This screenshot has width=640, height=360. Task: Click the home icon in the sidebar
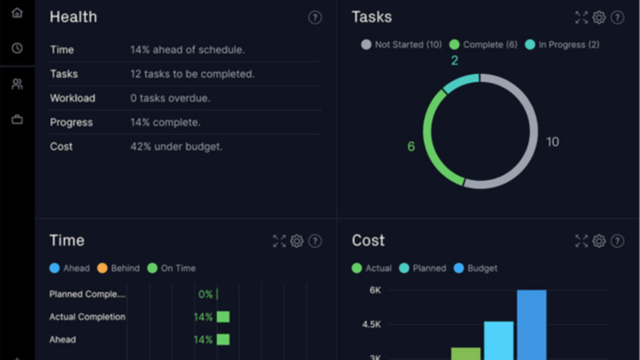tap(17, 13)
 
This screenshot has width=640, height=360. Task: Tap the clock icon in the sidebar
tap(17, 48)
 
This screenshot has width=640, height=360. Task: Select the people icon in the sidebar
tap(17, 84)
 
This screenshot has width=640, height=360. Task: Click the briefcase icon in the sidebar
tap(17, 120)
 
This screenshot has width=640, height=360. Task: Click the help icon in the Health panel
tap(315, 17)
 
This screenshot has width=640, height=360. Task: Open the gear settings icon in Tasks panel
tap(599, 17)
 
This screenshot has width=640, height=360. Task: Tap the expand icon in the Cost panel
tap(581, 241)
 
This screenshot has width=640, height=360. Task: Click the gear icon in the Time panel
tap(297, 241)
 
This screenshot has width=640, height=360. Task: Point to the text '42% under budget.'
tap(176, 146)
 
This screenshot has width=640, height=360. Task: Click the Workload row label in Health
tap(72, 99)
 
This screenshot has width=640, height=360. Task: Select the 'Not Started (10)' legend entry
tap(401, 45)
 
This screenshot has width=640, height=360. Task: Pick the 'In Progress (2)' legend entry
tap(562, 45)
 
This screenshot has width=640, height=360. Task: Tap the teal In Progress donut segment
tap(461, 81)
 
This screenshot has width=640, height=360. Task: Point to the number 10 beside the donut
tap(552, 142)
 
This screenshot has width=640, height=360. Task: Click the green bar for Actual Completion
tap(223, 317)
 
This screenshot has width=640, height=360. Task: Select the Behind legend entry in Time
tap(118, 269)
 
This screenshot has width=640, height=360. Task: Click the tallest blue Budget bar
tap(531, 325)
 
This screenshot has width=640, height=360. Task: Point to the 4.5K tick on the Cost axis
tap(371, 324)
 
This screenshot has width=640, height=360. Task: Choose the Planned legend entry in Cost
tap(422, 269)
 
